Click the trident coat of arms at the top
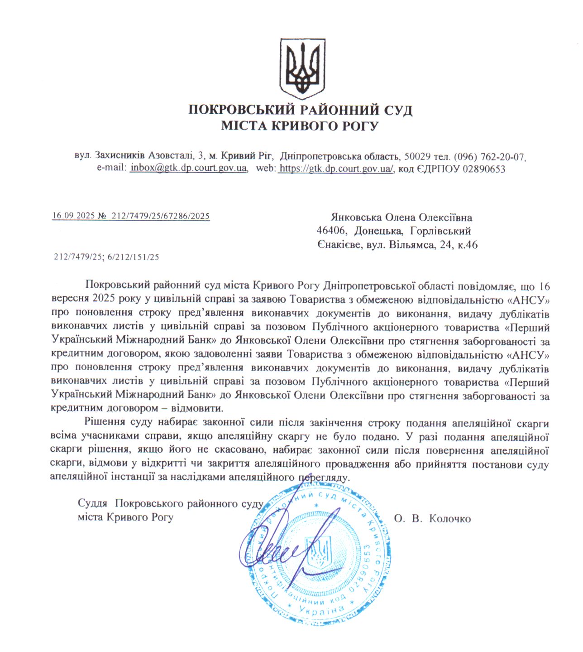point(302,68)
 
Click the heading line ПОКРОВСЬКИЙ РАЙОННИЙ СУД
point(300,110)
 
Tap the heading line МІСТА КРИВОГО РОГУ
point(300,126)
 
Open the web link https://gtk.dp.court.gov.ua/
point(336,169)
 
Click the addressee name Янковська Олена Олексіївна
point(401,217)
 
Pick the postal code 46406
point(331,231)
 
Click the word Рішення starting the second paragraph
point(105,422)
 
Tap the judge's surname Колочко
point(449,519)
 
